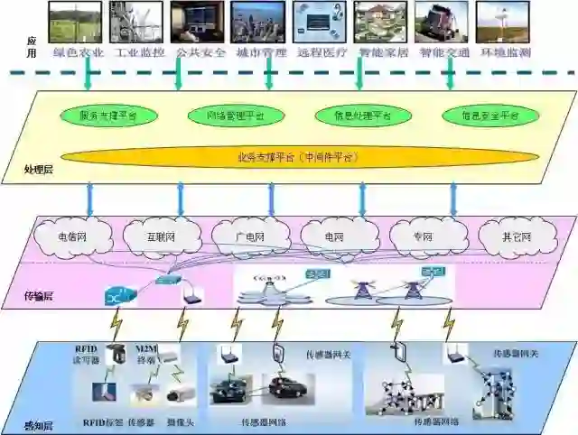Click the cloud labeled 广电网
point(251,237)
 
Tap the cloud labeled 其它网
point(517,237)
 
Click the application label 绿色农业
point(79,52)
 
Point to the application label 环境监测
point(506,52)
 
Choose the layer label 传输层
point(38,295)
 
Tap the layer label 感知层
point(38,424)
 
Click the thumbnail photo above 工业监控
point(135,22)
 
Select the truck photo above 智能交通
point(442,22)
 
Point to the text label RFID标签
point(102,421)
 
